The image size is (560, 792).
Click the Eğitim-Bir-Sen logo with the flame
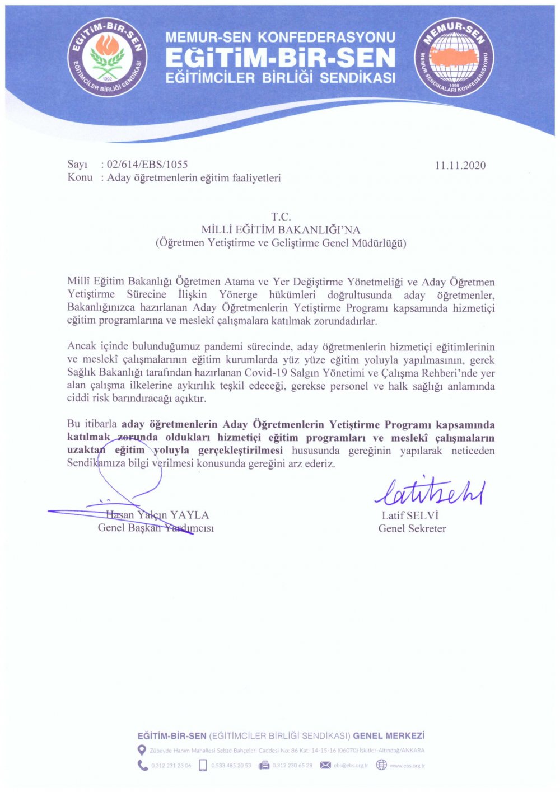coord(108,57)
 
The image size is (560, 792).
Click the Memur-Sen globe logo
coord(454,57)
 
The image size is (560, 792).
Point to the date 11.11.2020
coord(460,165)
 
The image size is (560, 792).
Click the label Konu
coord(80,178)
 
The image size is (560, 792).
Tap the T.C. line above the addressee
coord(281,217)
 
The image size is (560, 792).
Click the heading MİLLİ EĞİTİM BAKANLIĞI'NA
coord(281,229)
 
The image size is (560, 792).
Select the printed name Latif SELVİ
coord(410,515)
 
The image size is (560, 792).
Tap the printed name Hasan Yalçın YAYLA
coord(157,515)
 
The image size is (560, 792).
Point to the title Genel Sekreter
coord(412,528)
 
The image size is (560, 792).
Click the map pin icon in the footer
coord(142,750)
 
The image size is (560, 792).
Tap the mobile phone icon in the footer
coord(203,765)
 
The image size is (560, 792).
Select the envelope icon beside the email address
coord(325,765)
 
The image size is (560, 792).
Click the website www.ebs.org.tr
coord(407,766)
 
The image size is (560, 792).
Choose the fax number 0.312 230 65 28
coord(292,766)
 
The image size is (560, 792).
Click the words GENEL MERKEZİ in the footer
coord(389,735)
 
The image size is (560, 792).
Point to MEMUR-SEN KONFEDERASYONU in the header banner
coord(281,38)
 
